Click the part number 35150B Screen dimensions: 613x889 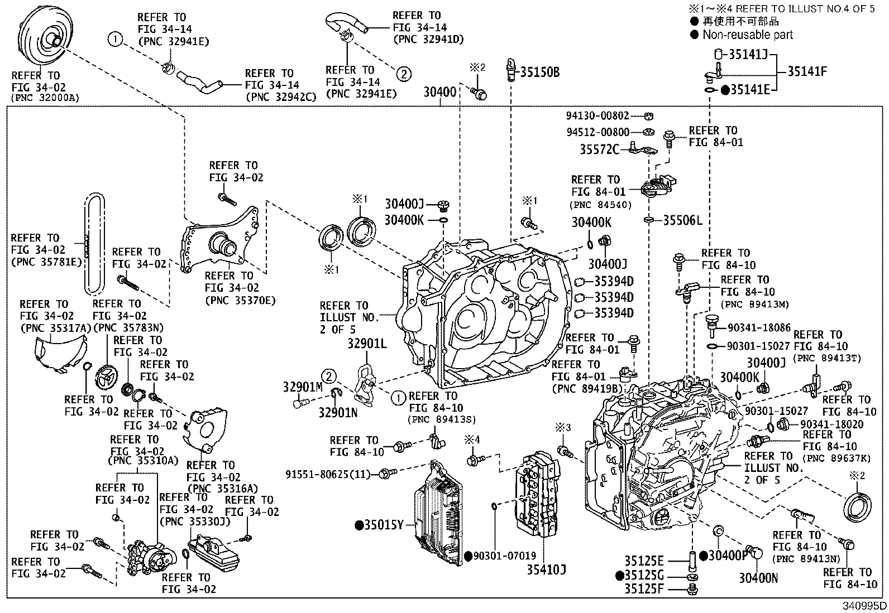[x=540, y=73]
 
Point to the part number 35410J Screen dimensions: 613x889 [x=546, y=569]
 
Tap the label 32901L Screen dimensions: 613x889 [x=367, y=343]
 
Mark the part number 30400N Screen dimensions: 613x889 [x=758, y=578]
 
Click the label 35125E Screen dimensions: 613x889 [x=644, y=561]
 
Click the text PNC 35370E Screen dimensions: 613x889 [x=240, y=301]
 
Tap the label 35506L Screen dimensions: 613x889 [x=682, y=220]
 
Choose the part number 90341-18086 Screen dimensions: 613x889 [x=759, y=329]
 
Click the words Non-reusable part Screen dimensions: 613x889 [x=747, y=35]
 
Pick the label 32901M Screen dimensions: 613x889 [x=303, y=387]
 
